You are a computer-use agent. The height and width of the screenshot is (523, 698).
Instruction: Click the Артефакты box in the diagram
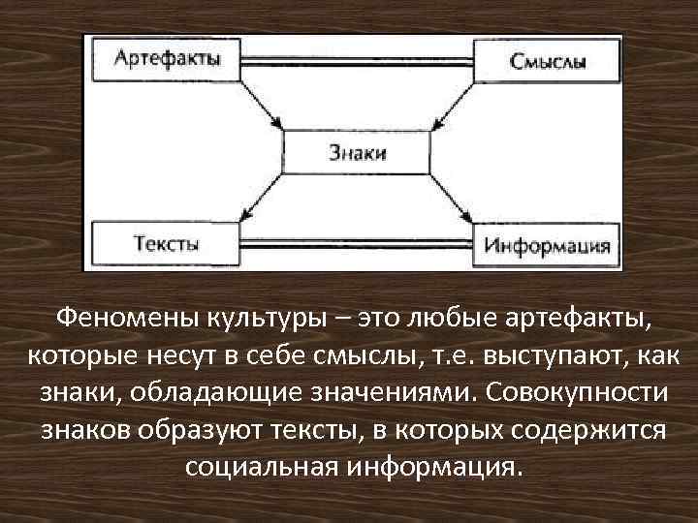click(167, 58)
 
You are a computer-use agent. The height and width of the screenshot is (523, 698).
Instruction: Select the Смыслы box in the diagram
click(547, 62)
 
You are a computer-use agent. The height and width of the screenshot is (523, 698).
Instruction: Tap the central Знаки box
click(356, 151)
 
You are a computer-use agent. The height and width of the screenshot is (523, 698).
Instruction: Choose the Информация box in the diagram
click(547, 244)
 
